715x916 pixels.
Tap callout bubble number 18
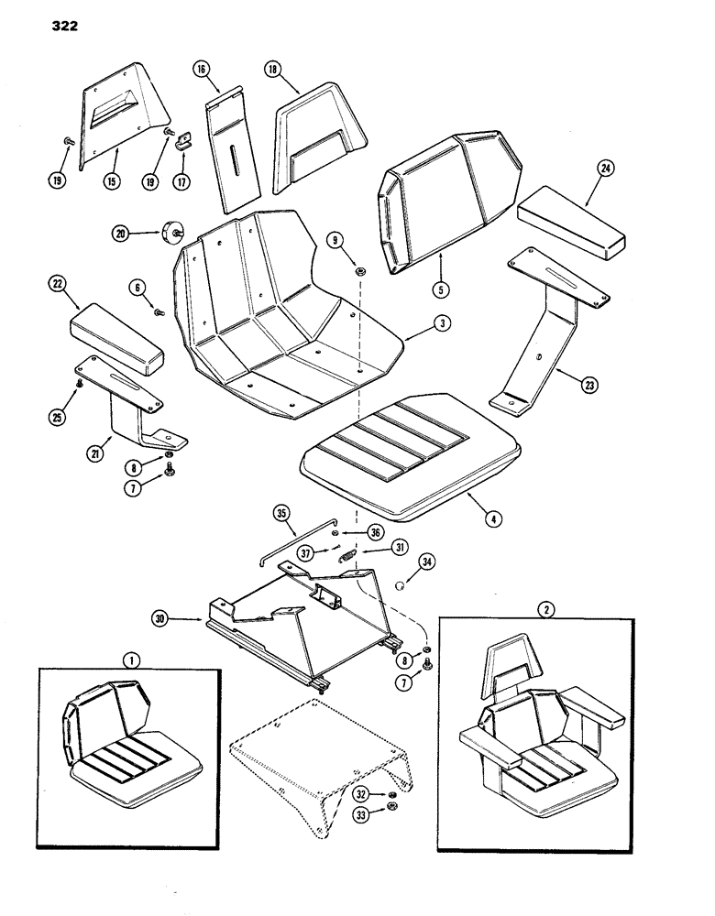(273, 69)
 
